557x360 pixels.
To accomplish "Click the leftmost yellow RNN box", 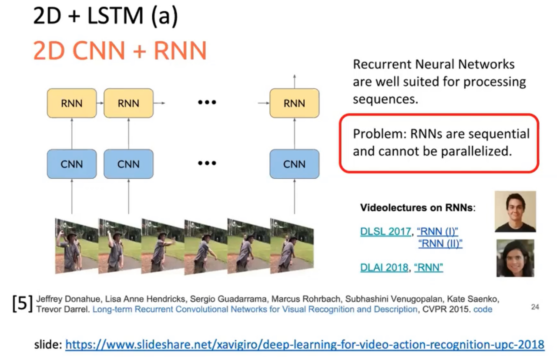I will click(72, 103).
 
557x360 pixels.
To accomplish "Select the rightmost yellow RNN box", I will click(294, 103).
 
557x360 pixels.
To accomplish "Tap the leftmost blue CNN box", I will click(72, 164).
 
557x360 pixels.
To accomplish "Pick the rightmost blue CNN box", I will click(294, 164).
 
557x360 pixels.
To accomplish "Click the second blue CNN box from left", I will click(128, 164).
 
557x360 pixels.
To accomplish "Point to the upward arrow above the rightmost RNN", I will click(295, 80).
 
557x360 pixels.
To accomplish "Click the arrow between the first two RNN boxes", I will click(100, 103).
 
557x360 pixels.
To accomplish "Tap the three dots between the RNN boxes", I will click(207, 103).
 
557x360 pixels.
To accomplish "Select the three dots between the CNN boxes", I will click(207, 163).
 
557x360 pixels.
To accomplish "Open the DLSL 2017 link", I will click(386, 232).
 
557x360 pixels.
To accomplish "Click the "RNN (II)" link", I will click(440, 243).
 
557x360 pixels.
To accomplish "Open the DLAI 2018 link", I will click(384, 267).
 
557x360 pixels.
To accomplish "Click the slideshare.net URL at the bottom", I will click(305, 345).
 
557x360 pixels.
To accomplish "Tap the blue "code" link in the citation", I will click(483, 309).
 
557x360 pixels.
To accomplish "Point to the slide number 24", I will click(535, 307).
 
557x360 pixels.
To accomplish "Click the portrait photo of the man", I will click(515, 212).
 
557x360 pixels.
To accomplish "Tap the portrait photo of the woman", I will click(515, 258).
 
